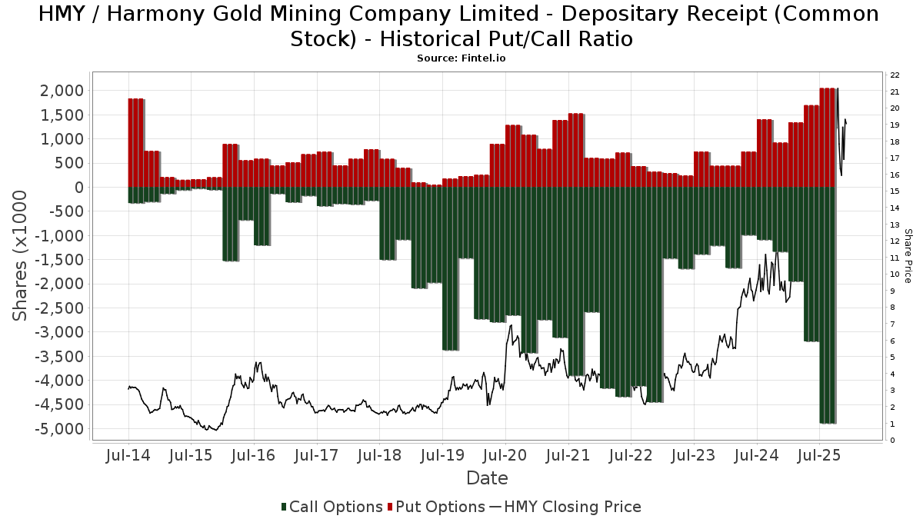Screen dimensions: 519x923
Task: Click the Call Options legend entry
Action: point(332,507)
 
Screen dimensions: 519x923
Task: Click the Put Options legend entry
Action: point(436,507)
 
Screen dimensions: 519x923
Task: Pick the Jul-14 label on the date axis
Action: point(128,455)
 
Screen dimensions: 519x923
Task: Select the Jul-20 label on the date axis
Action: point(505,455)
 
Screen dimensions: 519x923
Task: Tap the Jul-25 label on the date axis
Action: point(819,455)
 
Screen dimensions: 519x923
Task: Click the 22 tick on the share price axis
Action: point(895,75)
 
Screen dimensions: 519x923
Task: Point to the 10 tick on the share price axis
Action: point(895,274)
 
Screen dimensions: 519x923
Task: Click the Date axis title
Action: point(487,478)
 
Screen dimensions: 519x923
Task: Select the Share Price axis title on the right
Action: point(908,255)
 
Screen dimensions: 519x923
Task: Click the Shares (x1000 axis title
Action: point(22,255)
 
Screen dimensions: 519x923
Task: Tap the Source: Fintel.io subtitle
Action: point(461,58)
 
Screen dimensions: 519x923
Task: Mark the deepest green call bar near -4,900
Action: point(828,308)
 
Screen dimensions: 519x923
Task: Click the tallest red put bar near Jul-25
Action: point(828,138)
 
